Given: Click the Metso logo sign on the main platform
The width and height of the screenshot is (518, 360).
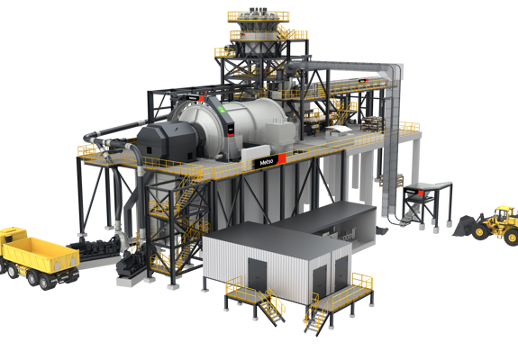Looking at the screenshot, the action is (x=270, y=161).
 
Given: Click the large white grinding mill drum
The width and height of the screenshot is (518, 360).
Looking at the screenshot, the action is (x=238, y=122).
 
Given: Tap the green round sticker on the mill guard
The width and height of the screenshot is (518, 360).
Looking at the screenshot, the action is (x=223, y=109).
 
